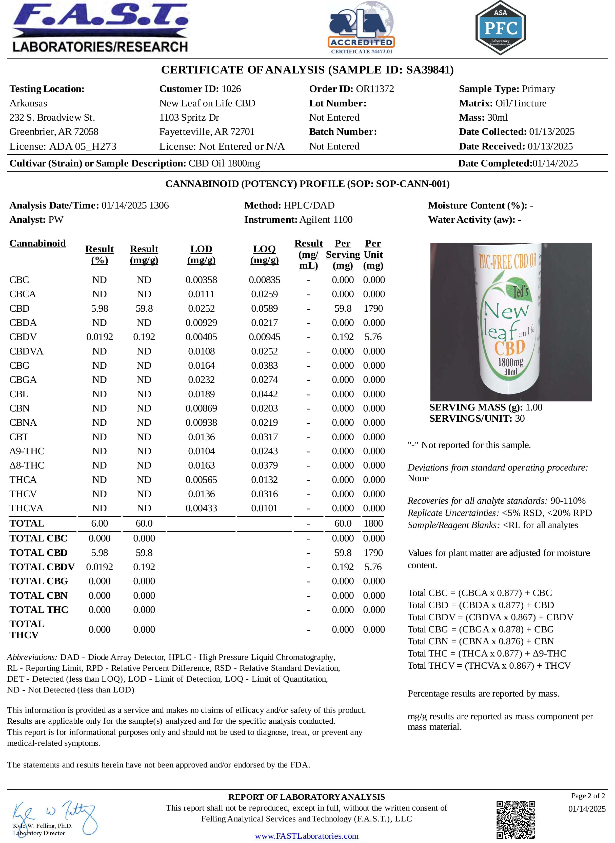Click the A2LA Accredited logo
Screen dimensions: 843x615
(361, 28)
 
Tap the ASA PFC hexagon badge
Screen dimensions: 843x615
(500, 28)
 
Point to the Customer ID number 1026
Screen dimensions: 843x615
(231, 89)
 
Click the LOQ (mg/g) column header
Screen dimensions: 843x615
(264, 254)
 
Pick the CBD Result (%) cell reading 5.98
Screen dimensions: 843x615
(100, 308)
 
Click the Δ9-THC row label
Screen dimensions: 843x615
(27, 451)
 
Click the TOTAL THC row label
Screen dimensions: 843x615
(39, 610)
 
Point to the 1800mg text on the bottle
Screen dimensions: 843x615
(510, 362)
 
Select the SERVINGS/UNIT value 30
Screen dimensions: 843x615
(520, 419)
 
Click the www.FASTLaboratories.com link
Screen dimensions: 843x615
(306, 836)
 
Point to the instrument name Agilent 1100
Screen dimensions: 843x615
(326, 220)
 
